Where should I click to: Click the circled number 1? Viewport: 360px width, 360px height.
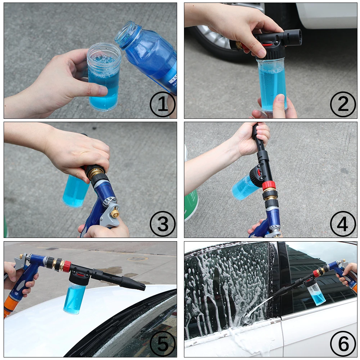(162, 104)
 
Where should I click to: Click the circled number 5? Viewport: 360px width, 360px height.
(162, 343)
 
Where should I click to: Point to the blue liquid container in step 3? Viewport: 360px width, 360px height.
(75, 191)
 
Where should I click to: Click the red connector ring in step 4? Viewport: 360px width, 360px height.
(269, 186)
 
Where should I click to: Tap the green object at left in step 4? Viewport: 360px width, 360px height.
(191, 205)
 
